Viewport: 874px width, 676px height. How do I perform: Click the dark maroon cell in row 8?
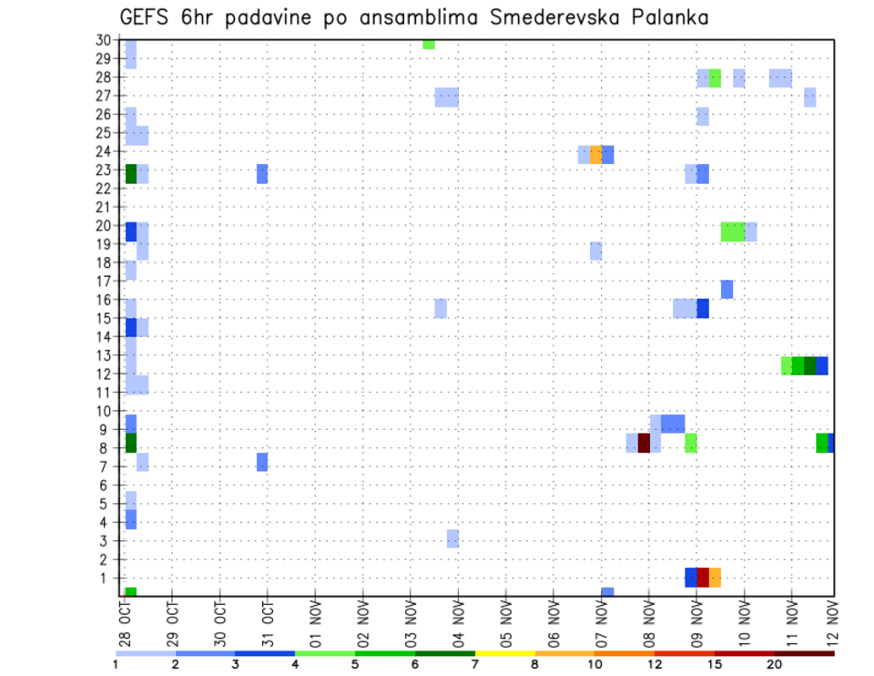644,443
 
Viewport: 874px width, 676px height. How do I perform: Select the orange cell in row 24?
595,155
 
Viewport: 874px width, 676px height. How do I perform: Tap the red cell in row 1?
703,578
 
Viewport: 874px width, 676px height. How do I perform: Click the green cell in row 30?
428,44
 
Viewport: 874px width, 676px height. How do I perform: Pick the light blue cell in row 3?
452,538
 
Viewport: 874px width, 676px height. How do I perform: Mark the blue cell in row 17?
727,289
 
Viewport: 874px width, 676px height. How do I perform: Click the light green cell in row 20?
732,232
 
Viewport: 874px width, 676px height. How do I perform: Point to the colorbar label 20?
774,664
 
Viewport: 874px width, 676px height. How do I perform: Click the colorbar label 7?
473,664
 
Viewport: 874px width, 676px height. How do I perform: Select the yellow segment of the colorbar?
504,653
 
